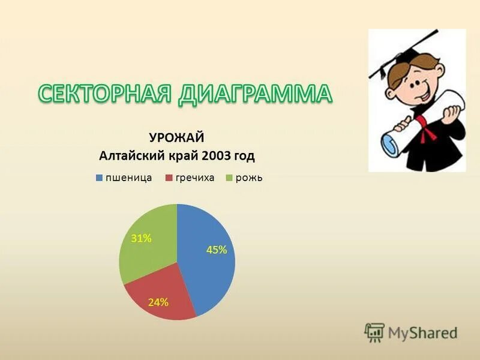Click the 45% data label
(217, 250)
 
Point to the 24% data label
(158, 302)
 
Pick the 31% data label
(141, 238)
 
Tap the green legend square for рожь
(229, 178)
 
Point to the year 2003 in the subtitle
(215, 156)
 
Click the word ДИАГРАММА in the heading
(255, 94)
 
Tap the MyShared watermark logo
(411, 332)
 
